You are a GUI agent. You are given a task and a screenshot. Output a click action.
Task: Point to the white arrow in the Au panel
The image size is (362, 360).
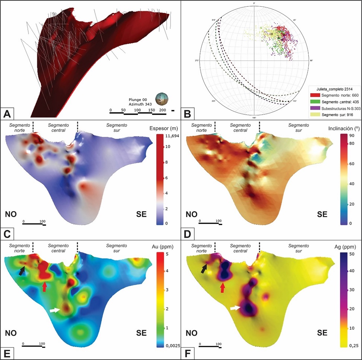55,310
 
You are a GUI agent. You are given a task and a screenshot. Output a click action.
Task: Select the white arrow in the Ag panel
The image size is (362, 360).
235,308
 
